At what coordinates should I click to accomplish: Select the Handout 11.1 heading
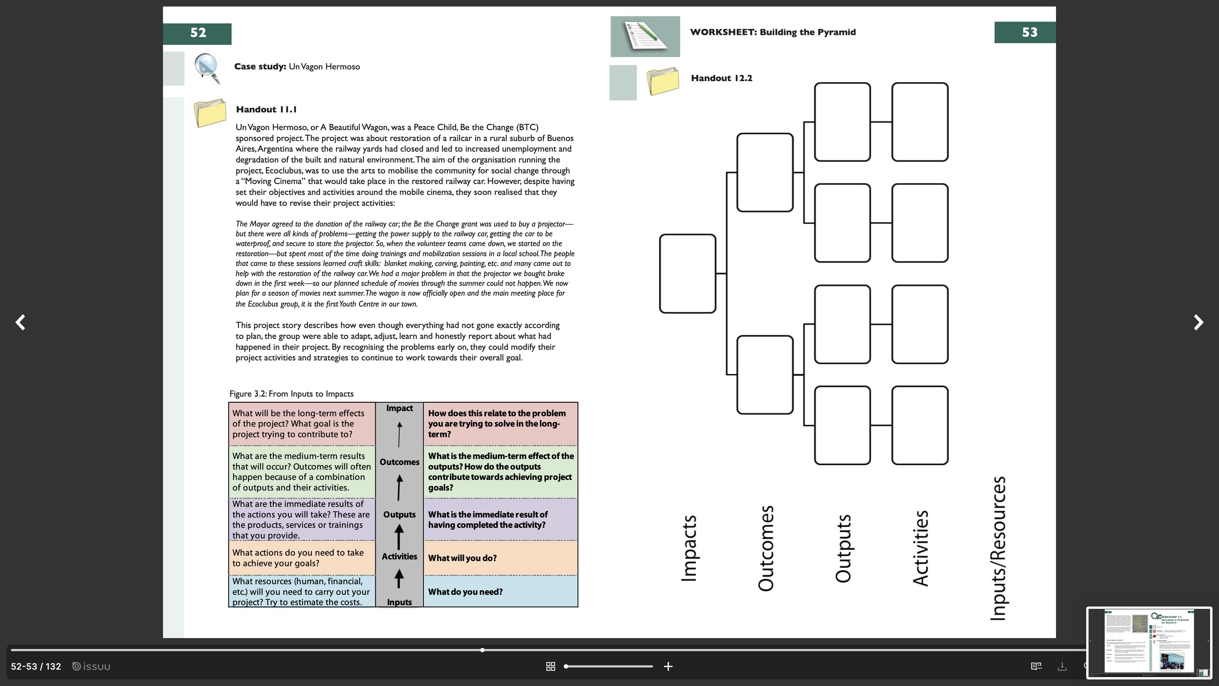pyautogui.click(x=266, y=110)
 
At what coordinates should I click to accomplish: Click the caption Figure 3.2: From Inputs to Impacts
pyautogui.click(x=291, y=394)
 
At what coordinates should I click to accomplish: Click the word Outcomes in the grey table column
pyautogui.click(x=399, y=462)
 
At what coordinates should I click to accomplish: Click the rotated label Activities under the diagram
pyautogui.click(x=921, y=548)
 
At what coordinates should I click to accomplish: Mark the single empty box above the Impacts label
pyautogui.click(x=688, y=274)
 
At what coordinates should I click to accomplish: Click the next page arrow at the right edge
pyautogui.click(x=1198, y=322)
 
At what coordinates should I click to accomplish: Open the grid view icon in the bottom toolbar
pyautogui.click(x=550, y=667)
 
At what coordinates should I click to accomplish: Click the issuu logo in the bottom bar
pyautogui.click(x=91, y=667)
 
